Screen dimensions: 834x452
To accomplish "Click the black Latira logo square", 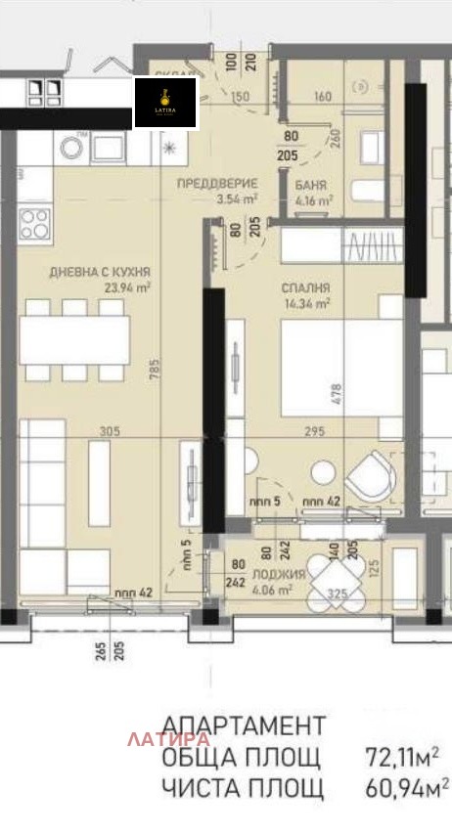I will tap(165, 103).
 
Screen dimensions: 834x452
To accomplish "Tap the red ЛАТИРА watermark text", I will tap(168, 739).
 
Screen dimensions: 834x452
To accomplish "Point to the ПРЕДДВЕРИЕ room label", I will tap(216, 183).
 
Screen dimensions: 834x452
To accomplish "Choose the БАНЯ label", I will tap(311, 184).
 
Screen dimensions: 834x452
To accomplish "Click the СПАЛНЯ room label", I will tap(306, 288).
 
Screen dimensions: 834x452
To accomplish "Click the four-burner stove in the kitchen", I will tap(34, 224).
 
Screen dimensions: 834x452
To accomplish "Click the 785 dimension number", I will tap(155, 372).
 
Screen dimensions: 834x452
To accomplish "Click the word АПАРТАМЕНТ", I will tap(243, 725).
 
